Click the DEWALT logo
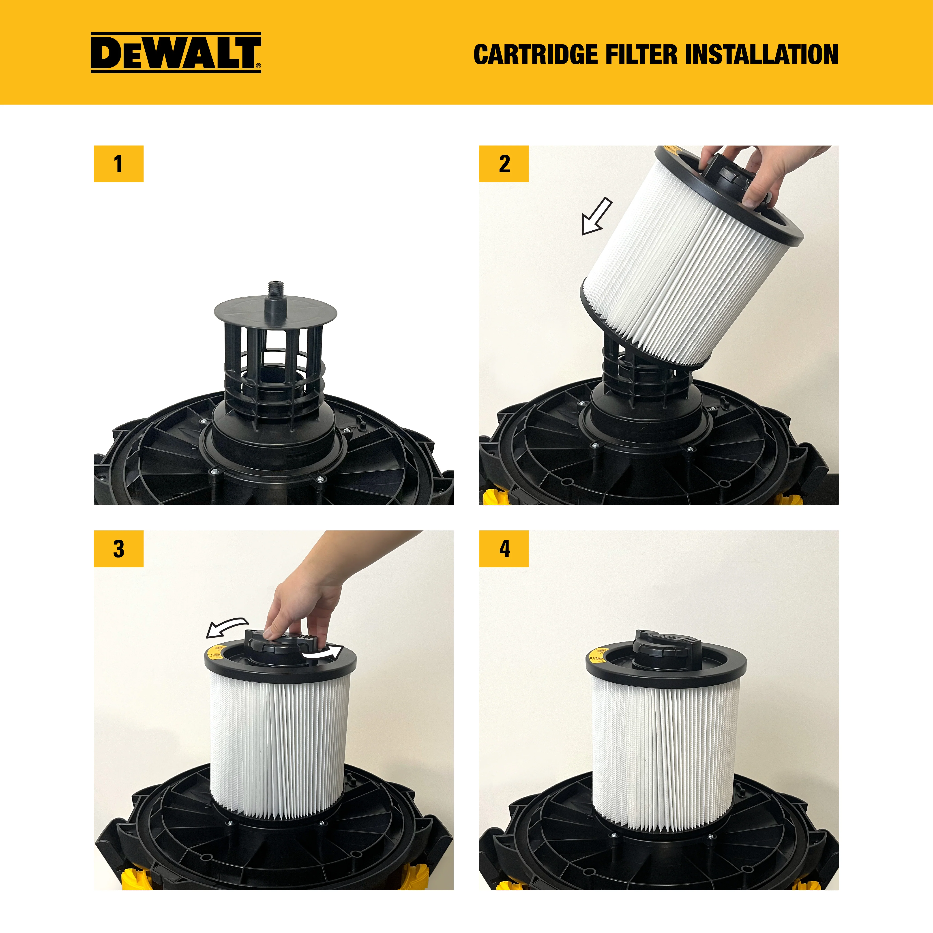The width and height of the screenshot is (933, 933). (176, 53)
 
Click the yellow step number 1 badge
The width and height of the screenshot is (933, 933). (118, 164)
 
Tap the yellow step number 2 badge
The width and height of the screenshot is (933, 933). (504, 164)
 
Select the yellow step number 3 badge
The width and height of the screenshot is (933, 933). (118, 549)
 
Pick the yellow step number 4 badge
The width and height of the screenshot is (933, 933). (504, 549)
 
